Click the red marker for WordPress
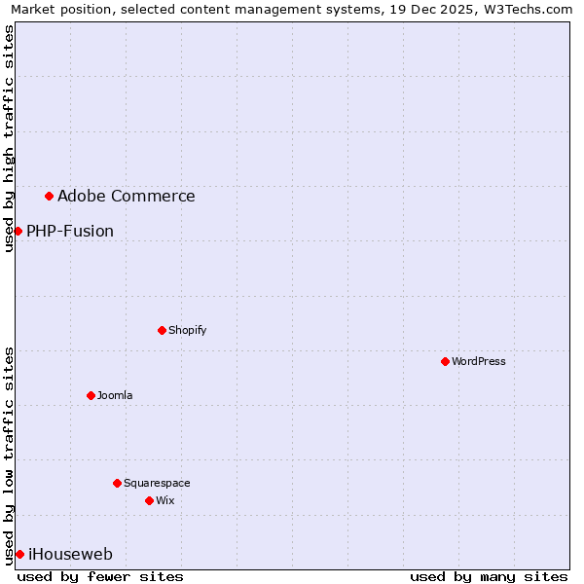point(445,361)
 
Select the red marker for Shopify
point(162,330)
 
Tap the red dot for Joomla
point(91,395)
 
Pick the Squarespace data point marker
point(117,483)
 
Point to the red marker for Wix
point(149,500)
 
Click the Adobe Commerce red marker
point(49,196)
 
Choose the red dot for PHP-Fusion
point(18,231)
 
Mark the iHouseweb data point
point(19,554)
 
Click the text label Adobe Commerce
point(127,197)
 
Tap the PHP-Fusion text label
point(70,232)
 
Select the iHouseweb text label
point(71,555)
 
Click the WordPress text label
point(479,361)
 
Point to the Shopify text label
point(188,330)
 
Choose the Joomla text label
point(115,395)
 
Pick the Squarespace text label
point(157,483)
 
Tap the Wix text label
point(165,500)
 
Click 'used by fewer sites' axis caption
point(100,576)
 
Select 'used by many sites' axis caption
point(489,576)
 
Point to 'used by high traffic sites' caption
point(9,138)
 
